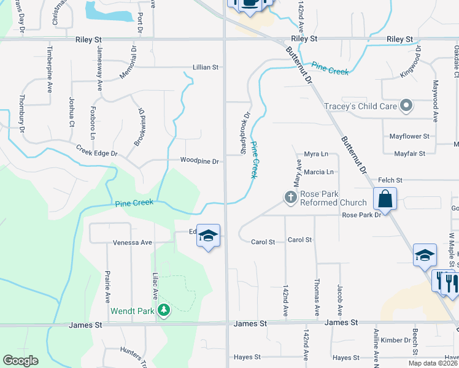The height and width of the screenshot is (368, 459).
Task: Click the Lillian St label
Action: coord(206,67)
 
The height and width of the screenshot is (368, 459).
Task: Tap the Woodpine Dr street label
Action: coord(199,161)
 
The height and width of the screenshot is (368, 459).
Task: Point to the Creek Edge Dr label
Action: coord(96,150)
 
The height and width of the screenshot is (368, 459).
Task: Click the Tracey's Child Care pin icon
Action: coord(406,106)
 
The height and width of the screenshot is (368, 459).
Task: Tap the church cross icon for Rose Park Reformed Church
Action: coord(290,197)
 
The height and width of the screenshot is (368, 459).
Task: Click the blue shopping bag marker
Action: coord(385,199)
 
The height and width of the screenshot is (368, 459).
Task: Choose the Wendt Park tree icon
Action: coord(163,310)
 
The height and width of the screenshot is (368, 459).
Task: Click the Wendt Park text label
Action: coord(132,311)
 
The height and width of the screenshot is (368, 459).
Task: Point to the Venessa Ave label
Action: coord(132,243)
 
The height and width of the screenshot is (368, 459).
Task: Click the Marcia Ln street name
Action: coord(318,172)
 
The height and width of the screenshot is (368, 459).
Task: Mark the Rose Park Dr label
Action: coord(361,215)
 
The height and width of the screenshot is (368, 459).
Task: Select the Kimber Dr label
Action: coord(395,340)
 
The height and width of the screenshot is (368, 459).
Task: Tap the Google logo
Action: coord(20,361)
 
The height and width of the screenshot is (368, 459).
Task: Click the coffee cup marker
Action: coord(250,3)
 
